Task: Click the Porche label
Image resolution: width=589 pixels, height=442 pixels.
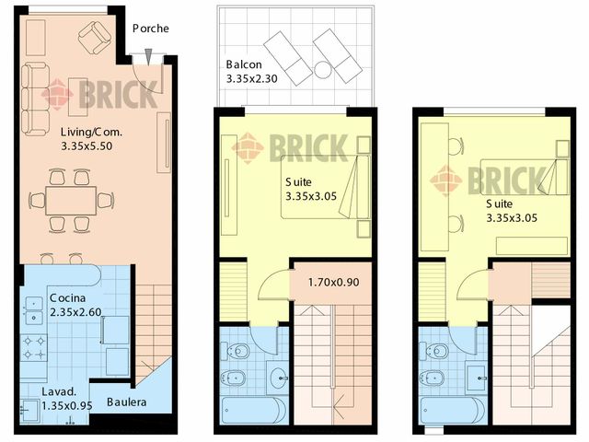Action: click(x=151, y=29)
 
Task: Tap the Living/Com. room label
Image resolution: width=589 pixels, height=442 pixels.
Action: click(x=92, y=132)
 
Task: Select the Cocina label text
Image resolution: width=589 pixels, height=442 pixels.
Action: click(x=67, y=298)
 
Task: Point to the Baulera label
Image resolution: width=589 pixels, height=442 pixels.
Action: click(x=127, y=402)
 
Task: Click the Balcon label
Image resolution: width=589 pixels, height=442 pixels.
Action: click(x=244, y=64)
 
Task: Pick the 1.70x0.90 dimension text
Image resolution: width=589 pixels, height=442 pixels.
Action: click(x=333, y=283)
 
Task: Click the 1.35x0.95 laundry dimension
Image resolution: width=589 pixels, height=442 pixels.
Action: click(x=67, y=406)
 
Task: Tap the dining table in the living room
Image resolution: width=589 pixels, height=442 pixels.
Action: click(x=71, y=201)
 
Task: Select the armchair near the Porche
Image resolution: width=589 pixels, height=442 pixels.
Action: click(x=95, y=37)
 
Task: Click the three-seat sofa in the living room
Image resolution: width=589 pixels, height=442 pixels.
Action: click(x=35, y=99)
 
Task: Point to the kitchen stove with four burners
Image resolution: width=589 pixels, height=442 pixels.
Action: click(x=34, y=348)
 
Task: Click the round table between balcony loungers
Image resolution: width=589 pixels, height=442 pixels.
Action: click(x=323, y=70)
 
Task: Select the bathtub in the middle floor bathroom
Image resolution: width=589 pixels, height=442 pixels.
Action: click(x=254, y=411)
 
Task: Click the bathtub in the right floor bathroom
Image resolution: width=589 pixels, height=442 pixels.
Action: click(x=453, y=411)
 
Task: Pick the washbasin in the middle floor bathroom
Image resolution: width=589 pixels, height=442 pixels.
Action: click(x=278, y=377)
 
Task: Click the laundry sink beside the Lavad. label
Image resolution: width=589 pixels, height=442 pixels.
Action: click(x=29, y=411)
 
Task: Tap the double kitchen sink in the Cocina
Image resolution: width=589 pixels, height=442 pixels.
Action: click(x=34, y=310)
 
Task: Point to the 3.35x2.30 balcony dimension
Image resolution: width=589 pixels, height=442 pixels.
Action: click(x=251, y=79)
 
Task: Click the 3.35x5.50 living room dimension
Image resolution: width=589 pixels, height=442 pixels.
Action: click(x=87, y=146)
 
